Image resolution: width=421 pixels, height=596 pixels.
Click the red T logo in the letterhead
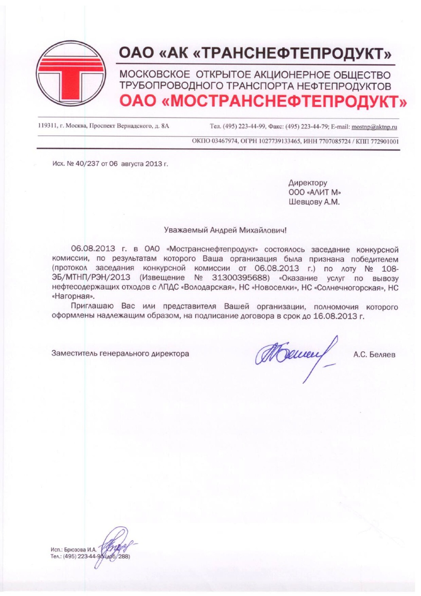(x=71, y=74)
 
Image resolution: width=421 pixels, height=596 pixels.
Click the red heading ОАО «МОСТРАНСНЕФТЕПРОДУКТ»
(x=263, y=102)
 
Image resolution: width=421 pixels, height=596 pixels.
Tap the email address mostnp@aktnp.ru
(x=374, y=126)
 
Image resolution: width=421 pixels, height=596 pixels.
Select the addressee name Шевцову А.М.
(x=314, y=202)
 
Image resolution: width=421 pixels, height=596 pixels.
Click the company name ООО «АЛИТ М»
(x=312, y=192)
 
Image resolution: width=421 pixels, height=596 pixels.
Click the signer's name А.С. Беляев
(x=374, y=354)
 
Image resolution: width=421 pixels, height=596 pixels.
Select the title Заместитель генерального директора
(x=120, y=354)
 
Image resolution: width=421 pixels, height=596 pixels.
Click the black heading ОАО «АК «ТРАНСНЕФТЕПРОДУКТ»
(x=255, y=54)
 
